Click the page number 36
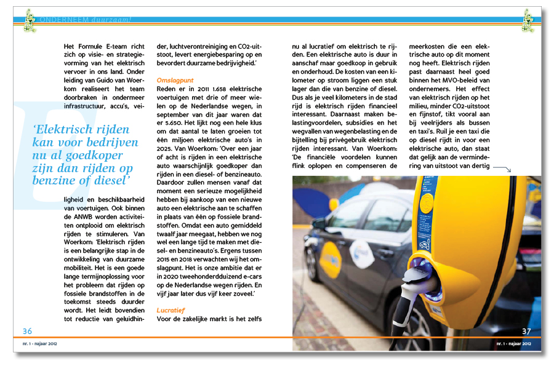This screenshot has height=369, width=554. pyautogui.click(x=27, y=331)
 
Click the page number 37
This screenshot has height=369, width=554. pyautogui.click(x=526, y=331)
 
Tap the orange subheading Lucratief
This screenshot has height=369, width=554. pyautogui.click(x=171, y=311)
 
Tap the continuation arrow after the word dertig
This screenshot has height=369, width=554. pyautogui.click(x=502, y=169)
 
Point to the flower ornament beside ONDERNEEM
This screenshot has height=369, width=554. pyautogui.click(x=29, y=20)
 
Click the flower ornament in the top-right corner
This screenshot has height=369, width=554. pyautogui.click(x=528, y=20)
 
